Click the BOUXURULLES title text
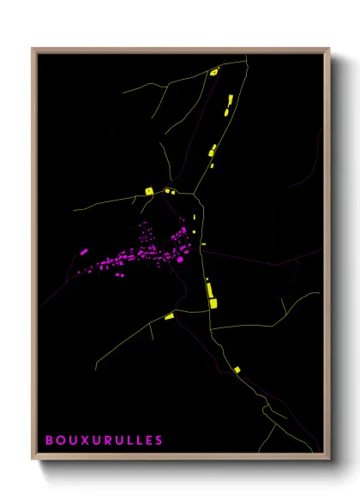click(104, 441)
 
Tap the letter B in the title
click(50, 441)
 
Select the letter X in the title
click(83, 441)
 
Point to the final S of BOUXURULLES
click(159, 441)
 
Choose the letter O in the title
click(60, 441)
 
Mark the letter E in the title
click(147, 441)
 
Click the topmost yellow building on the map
click(214, 73)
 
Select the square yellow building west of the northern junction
click(148, 190)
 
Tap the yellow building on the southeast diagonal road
click(237, 369)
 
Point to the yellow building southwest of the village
click(169, 317)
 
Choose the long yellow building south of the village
click(210, 291)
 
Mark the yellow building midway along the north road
click(212, 152)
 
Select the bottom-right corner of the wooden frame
click(329, 459)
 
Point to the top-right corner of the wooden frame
click(329, 49)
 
